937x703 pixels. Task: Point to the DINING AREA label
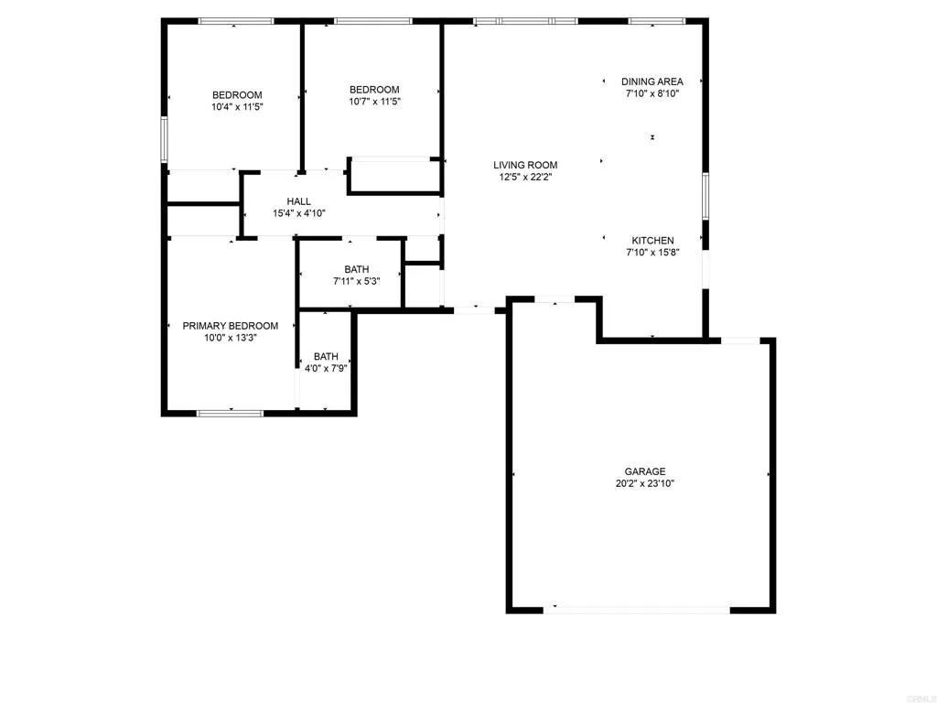652,81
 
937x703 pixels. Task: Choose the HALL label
299,201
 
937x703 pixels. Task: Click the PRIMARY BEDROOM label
231,326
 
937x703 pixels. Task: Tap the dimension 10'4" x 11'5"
237,107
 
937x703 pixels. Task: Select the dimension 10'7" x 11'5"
374,102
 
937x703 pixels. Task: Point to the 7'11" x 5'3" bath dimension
357,281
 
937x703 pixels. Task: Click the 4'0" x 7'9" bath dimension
326,368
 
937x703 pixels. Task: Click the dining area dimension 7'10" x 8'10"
652,93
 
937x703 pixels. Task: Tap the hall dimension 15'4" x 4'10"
299,213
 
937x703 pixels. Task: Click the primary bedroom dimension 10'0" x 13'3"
231,338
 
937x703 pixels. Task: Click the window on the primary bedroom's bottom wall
230,413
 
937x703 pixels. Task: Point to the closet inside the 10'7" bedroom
393,176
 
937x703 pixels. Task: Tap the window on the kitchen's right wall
705,196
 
